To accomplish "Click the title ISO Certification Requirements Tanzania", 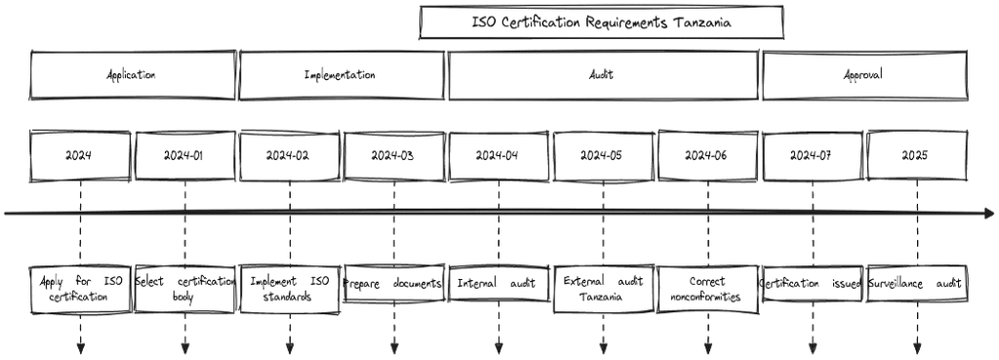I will point(601,21).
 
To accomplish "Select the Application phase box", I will point(132,75).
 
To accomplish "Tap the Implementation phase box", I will point(340,75).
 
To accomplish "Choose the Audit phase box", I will point(602,75).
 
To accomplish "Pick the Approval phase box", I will point(863,75).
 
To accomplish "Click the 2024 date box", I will point(80,155).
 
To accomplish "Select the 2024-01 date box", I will point(184,155).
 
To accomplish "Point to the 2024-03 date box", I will point(394,155).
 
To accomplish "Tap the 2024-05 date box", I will point(603,155).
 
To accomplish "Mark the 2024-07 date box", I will point(812,155).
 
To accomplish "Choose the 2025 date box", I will point(916,155).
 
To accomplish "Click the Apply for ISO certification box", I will point(80,289).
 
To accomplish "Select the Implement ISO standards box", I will point(290,289).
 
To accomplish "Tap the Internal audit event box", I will point(498,284).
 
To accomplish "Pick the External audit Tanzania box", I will point(603,289).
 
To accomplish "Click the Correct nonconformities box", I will point(707,289).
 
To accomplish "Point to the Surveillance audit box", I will point(916,284).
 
